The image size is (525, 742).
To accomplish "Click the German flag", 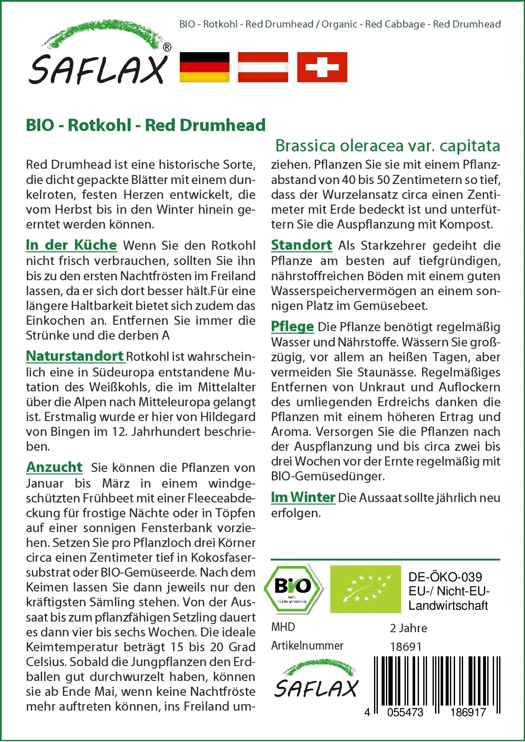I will [x=204, y=67].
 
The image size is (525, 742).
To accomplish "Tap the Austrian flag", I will [x=263, y=67].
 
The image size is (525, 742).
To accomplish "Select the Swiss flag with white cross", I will [x=322, y=67].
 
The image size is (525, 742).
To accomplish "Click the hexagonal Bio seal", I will [x=293, y=589].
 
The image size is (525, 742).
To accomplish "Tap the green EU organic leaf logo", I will [x=366, y=589].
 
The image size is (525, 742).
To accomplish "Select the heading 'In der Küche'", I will [x=71, y=245].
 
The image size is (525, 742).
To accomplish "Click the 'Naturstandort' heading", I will [x=75, y=356].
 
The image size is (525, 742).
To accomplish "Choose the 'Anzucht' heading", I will [x=54, y=467].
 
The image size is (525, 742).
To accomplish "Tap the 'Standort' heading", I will [x=302, y=245].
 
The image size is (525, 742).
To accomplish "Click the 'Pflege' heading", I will [x=292, y=326].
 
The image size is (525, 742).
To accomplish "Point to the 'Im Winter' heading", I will [x=303, y=497].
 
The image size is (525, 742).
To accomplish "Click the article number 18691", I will [x=406, y=647].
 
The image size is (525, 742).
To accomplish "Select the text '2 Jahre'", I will [x=408, y=628].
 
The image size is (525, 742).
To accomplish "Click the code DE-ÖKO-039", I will [x=445, y=577].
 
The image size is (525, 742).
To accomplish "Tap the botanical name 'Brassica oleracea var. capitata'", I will [x=388, y=145].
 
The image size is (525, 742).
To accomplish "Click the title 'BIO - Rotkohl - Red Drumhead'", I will [x=145, y=125].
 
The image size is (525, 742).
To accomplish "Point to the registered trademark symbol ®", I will [x=167, y=47].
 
